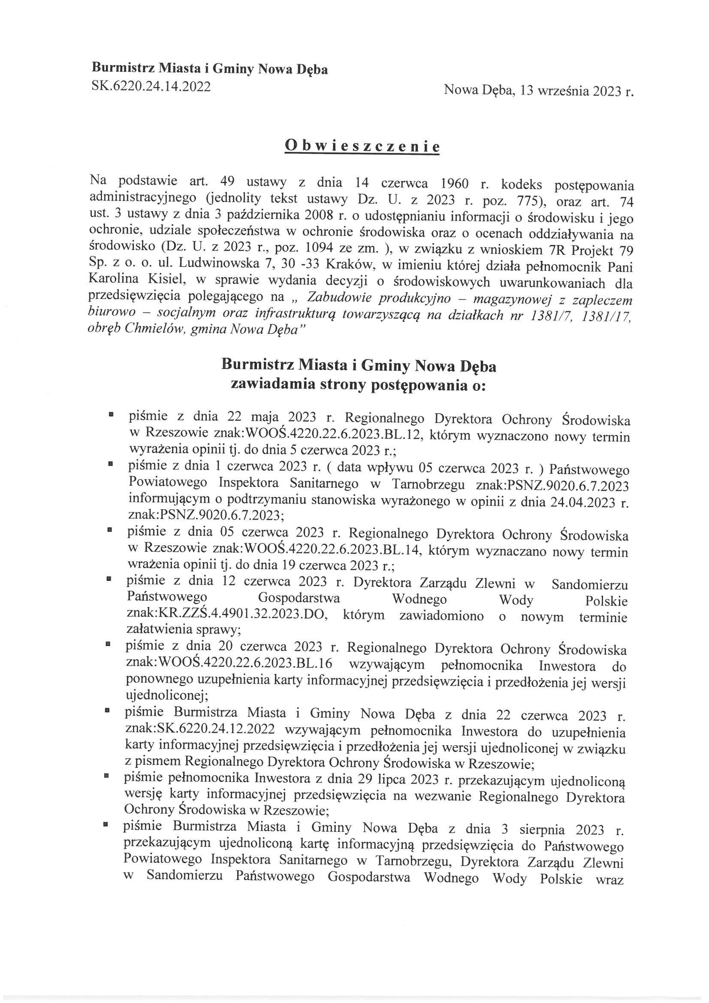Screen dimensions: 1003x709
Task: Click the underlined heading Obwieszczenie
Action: (x=362, y=146)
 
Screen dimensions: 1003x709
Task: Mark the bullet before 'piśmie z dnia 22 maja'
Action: (x=112, y=412)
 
